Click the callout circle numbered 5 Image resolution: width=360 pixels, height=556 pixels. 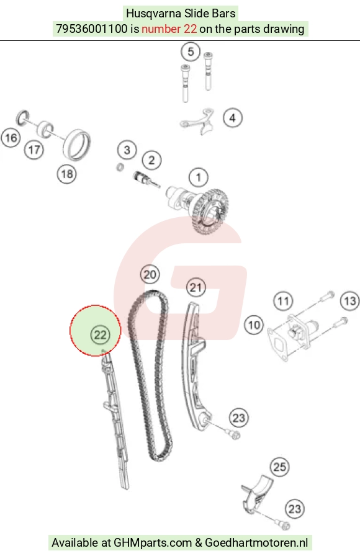point(191,52)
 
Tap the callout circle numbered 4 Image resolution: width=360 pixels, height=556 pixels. point(233,118)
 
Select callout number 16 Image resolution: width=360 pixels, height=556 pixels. point(11,138)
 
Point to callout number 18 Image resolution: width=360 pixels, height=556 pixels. point(67,174)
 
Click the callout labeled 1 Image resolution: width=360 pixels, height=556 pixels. point(198,177)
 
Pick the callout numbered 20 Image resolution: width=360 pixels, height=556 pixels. point(150,274)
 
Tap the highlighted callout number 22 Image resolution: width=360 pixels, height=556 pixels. point(100,335)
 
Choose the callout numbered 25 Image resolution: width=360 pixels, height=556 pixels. point(279,467)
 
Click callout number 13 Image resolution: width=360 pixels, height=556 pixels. point(349,301)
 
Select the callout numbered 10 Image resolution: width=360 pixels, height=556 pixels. point(254,325)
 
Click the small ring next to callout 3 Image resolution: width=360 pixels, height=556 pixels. point(120,167)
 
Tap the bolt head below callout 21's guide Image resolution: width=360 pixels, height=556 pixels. point(235,434)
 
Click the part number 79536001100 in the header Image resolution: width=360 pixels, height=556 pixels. point(91,29)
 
